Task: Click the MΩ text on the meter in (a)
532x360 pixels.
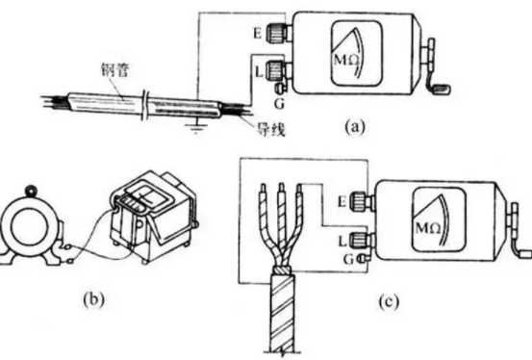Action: click(x=345, y=61)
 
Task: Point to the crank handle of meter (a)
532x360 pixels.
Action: click(x=437, y=68)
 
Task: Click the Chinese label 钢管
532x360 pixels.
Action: click(x=114, y=70)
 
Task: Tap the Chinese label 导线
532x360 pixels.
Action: click(x=270, y=129)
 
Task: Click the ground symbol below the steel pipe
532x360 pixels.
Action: click(x=195, y=127)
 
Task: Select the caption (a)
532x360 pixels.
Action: click(x=355, y=127)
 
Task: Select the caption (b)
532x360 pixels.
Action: click(x=93, y=299)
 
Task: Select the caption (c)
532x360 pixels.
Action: click(x=389, y=301)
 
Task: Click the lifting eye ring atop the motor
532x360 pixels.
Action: click(x=32, y=189)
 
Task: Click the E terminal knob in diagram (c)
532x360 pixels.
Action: click(x=357, y=200)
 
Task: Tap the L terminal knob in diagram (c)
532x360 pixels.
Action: click(x=357, y=240)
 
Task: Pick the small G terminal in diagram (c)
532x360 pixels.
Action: click(x=362, y=259)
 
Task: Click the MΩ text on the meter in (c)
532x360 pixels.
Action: click(x=428, y=228)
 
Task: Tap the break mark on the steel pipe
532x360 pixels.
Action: click(x=146, y=105)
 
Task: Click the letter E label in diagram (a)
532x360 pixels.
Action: click(x=258, y=34)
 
